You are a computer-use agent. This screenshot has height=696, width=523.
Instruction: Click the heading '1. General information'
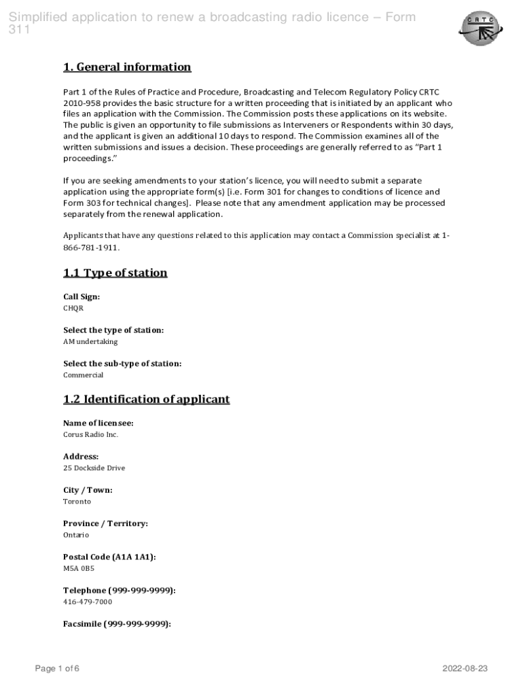(x=127, y=67)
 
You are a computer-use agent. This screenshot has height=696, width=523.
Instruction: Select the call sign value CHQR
(x=73, y=309)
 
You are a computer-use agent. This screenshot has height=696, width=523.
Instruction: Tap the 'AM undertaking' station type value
(x=90, y=342)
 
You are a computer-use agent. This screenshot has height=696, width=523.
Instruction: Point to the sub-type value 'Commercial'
(x=84, y=375)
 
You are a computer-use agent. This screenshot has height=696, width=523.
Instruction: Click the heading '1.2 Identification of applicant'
(x=147, y=400)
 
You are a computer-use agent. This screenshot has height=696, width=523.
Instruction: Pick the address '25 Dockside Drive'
(x=94, y=468)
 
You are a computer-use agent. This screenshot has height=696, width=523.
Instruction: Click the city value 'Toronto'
(x=77, y=502)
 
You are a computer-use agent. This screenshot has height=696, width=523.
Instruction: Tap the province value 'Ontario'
(x=76, y=535)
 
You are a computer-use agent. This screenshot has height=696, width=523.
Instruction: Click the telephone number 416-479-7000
(x=88, y=602)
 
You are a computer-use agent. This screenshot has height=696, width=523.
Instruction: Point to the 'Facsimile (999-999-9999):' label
(x=117, y=624)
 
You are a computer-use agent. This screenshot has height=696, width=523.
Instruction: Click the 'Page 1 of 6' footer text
(x=58, y=669)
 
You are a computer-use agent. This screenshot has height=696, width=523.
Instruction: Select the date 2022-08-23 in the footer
(x=465, y=669)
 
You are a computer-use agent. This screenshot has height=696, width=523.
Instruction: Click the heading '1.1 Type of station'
(x=115, y=273)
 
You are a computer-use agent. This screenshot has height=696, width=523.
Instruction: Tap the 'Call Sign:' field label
(x=82, y=297)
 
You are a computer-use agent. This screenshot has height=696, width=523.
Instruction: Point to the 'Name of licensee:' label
(x=98, y=423)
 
